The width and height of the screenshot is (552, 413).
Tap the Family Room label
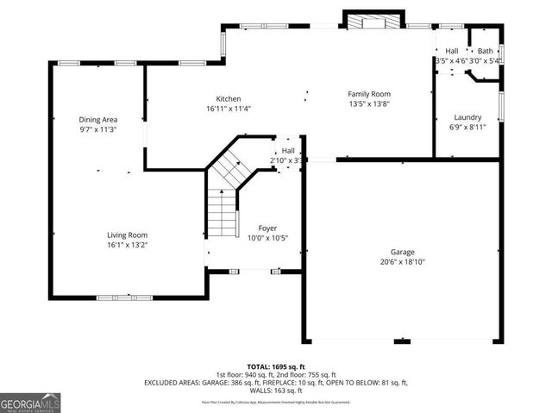click(369, 94)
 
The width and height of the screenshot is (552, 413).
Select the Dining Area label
click(98, 120)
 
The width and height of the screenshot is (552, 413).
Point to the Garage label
click(403, 252)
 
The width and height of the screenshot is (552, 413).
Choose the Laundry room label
click(467, 117)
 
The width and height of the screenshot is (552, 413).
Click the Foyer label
click(255, 228)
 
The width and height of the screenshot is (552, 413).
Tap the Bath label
click(486, 51)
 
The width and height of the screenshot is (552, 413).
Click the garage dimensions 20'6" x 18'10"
click(403, 262)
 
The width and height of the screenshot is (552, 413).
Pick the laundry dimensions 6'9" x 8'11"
click(467, 128)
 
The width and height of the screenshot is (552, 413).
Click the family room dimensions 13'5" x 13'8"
click(369, 104)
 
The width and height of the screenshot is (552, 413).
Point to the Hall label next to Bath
click(452, 51)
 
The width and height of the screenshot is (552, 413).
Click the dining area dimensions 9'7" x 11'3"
click(98, 130)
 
